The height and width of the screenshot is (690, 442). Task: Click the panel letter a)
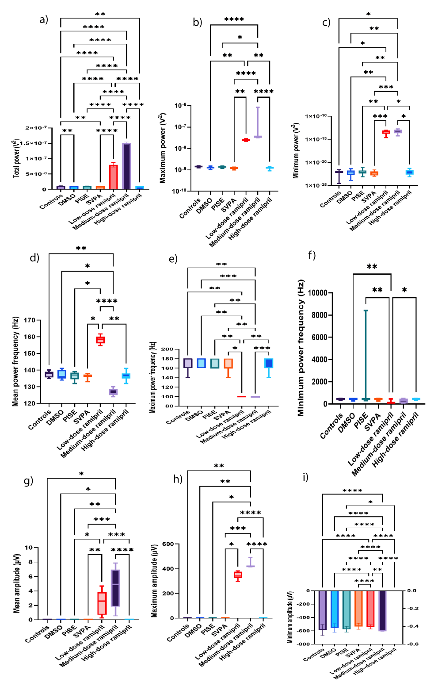(43, 19)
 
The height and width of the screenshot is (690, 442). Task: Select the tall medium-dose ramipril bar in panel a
(126, 166)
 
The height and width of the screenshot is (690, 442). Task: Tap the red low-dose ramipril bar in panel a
(114, 176)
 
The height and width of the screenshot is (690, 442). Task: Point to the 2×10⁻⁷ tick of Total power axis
(36, 128)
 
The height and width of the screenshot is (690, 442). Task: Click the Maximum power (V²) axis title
(162, 148)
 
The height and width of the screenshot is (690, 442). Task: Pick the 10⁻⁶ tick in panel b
(180, 106)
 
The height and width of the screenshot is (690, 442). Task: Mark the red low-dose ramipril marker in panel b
(246, 140)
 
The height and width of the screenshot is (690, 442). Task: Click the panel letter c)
(326, 22)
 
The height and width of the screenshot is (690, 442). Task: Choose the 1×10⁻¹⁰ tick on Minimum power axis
(316, 116)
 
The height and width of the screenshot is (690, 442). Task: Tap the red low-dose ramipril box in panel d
(100, 340)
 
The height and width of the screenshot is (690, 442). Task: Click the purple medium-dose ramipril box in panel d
(113, 392)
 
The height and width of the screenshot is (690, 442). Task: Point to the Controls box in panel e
(188, 363)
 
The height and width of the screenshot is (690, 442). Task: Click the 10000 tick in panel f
(317, 293)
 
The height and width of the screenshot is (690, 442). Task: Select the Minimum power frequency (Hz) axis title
(301, 348)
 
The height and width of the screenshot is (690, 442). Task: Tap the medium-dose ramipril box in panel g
(115, 588)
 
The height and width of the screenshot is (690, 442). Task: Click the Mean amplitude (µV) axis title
(17, 583)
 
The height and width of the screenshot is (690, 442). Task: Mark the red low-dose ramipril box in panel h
(238, 575)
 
